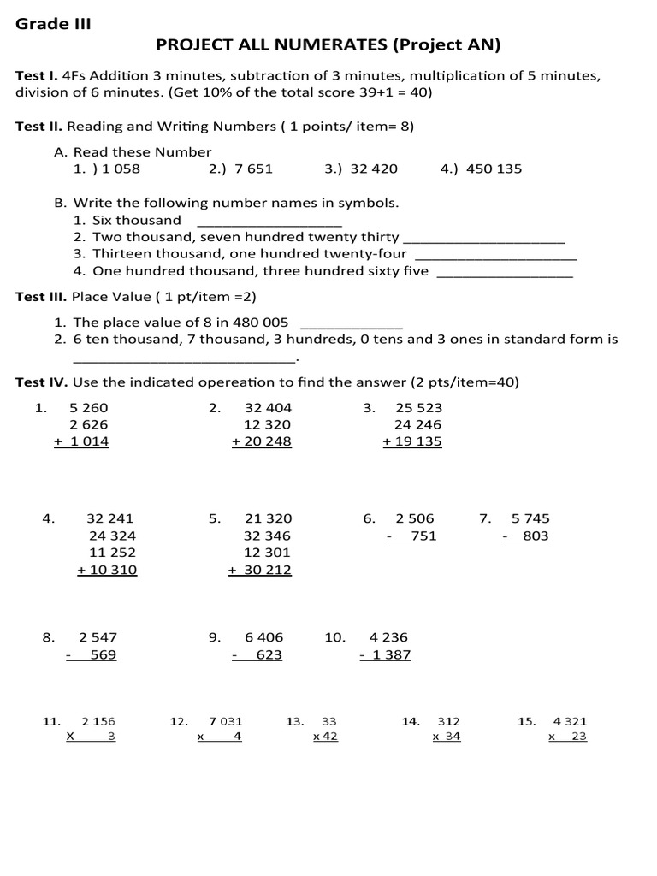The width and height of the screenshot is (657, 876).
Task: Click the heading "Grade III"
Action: point(53,24)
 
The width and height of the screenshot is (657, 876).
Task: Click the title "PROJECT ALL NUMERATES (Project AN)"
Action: point(328,44)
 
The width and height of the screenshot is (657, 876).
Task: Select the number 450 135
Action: point(494,169)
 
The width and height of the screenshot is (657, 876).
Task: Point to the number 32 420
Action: point(374,169)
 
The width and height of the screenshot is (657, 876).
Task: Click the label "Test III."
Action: point(41,297)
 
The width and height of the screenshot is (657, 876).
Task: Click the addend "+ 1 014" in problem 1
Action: point(81,442)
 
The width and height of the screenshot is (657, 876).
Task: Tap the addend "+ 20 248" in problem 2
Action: point(262,442)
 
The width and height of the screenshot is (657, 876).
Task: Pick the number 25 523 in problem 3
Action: point(418,408)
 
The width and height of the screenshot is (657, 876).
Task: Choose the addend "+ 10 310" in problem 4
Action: point(107,570)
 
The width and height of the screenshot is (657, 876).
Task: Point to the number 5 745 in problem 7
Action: point(530,518)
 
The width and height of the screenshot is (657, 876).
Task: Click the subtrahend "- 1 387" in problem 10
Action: point(385,655)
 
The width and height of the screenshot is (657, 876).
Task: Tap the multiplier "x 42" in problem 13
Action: point(326,737)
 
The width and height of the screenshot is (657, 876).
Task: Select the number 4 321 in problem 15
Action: point(570,721)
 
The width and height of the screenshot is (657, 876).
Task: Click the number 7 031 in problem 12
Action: point(226,721)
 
